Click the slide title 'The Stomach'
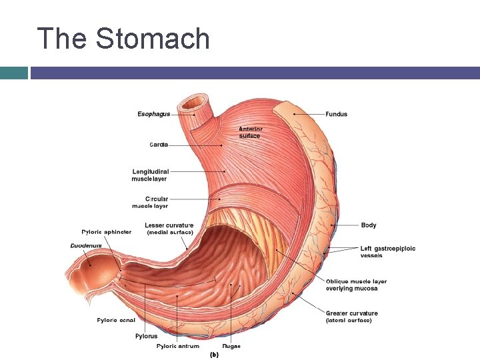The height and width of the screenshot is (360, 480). [x=123, y=39]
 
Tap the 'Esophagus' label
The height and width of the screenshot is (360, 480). [x=153, y=114]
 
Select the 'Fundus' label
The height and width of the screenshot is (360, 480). [x=336, y=114]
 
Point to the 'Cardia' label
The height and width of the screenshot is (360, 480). [x=159, y=144]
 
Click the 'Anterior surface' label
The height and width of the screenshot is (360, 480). [x=251, y=133]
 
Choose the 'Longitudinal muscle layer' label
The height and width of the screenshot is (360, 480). [x=149, y=175]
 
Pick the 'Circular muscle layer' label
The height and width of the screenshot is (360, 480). [x=157, y=203]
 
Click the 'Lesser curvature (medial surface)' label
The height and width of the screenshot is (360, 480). [x=169, y=229]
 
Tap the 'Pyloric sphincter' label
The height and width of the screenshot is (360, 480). [x=106, y=232]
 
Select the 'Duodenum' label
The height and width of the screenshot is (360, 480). [x=86, y=246]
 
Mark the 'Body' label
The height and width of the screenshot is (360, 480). [x=369, y=225]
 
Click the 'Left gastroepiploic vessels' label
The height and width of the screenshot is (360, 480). [x=387, y=252]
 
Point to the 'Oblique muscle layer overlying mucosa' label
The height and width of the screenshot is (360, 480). [x=356, y=285]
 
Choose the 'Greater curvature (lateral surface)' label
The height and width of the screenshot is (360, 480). [x=351, y=317]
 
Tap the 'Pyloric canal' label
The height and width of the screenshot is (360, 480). [x=116, y=320]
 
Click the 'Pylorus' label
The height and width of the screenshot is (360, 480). [x=147, y=336]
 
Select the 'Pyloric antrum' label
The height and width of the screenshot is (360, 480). [x=177, y=346]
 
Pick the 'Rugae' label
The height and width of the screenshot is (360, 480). [x=232, y=346]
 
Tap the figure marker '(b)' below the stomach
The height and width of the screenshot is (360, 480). [x=215, y=355]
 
